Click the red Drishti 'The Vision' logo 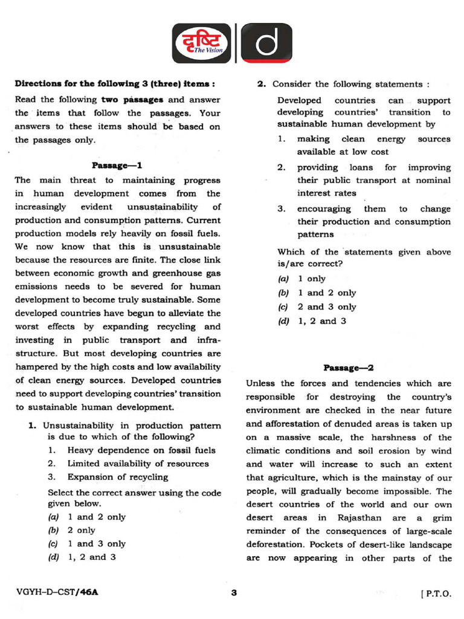pyautogui.click(x=201, y=43)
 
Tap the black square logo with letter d pyautogui.click(x=266, y=43)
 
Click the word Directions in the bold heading pyautogui.click(x=39, y=83)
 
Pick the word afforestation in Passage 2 pyautogui.click(x=283, y=423)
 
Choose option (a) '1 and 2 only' pyautogui.click(x=88, y=517)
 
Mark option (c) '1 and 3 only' pyautogui.click(x=88, y=543)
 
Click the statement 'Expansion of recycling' pyautogui.click(x=118, y=477)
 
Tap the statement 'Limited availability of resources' pyautogui.click(x=138, y=464)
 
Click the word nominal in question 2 pyautogui.click(x=434, y=180)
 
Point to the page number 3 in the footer pyautogui.click(x=234, y=593)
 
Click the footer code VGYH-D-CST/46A pyautogui.click(x=57, y=593)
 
